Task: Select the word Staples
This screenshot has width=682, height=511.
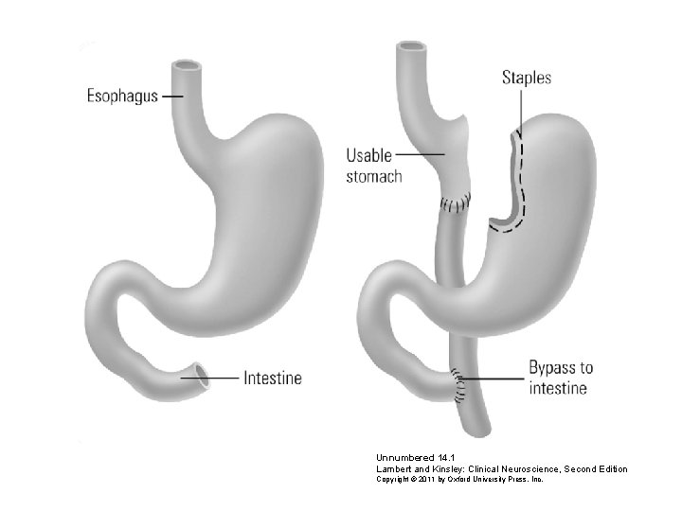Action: pos(526,78)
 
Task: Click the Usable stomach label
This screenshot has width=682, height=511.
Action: pos(373,165)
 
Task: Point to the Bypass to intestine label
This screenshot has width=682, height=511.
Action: pos(561,378)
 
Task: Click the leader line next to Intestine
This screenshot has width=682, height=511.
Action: pos(226,378)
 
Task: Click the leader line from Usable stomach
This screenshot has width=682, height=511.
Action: pos(423,154)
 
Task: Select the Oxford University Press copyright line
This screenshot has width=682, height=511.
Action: pos(458,480)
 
